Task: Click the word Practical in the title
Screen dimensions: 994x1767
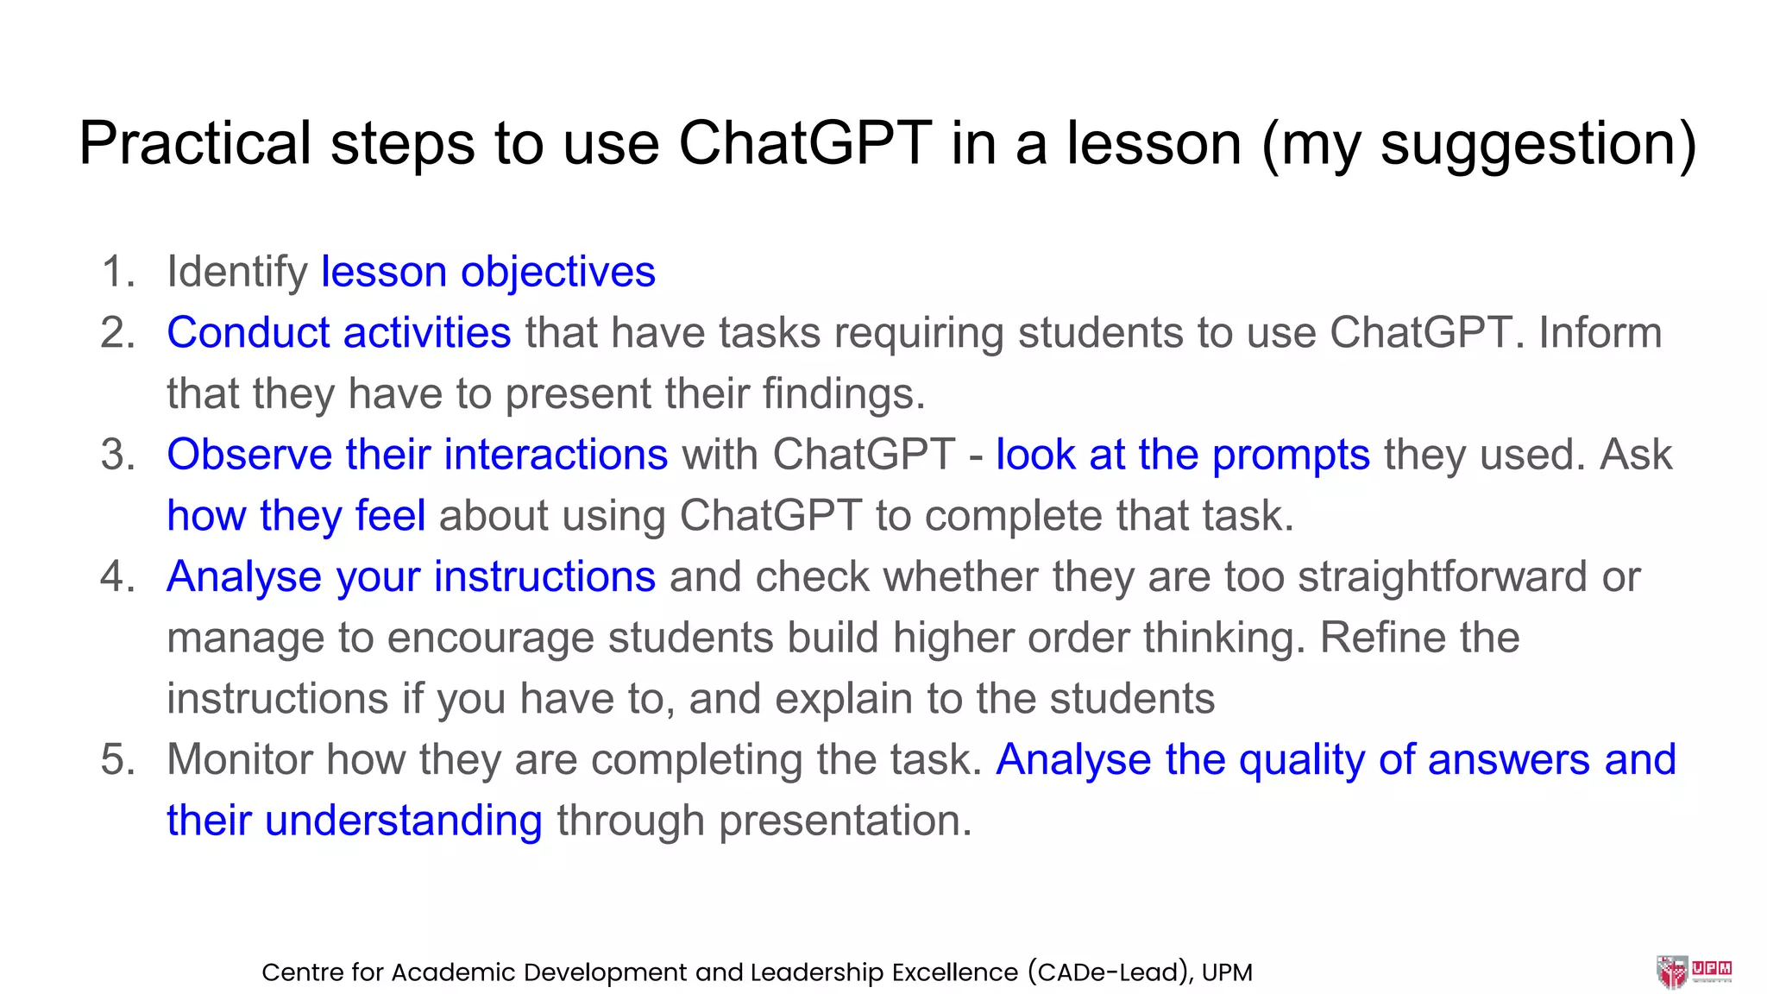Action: pos(195,143)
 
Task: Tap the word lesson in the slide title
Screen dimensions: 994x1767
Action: pos(1154,143)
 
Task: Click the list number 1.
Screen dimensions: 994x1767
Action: pos(117,273)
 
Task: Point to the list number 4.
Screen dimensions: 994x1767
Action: pos(117,577)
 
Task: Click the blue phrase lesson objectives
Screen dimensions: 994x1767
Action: pos(488,273)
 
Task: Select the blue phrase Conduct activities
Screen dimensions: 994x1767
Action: pos(338,333)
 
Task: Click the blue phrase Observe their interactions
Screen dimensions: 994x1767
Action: pos(417,455)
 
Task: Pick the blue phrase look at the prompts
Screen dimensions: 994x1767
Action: pos(1182,455)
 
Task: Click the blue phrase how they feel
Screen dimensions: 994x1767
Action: pos(296,516)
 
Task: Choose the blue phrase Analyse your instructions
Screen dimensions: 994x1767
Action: pos(411,577)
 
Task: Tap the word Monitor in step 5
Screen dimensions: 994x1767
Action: pos(239,760)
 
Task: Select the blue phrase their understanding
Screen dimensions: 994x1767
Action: pos(354,821)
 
